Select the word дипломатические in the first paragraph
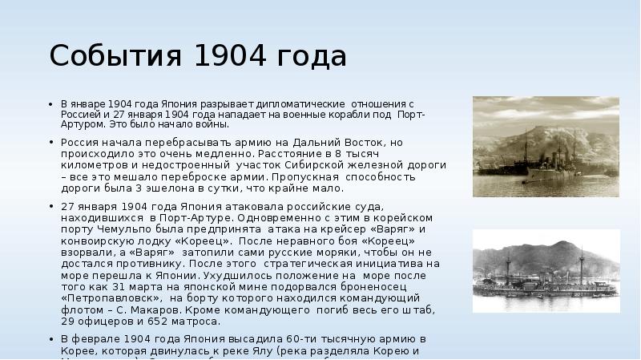click(301, 105)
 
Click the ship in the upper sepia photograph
click(521, 161)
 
